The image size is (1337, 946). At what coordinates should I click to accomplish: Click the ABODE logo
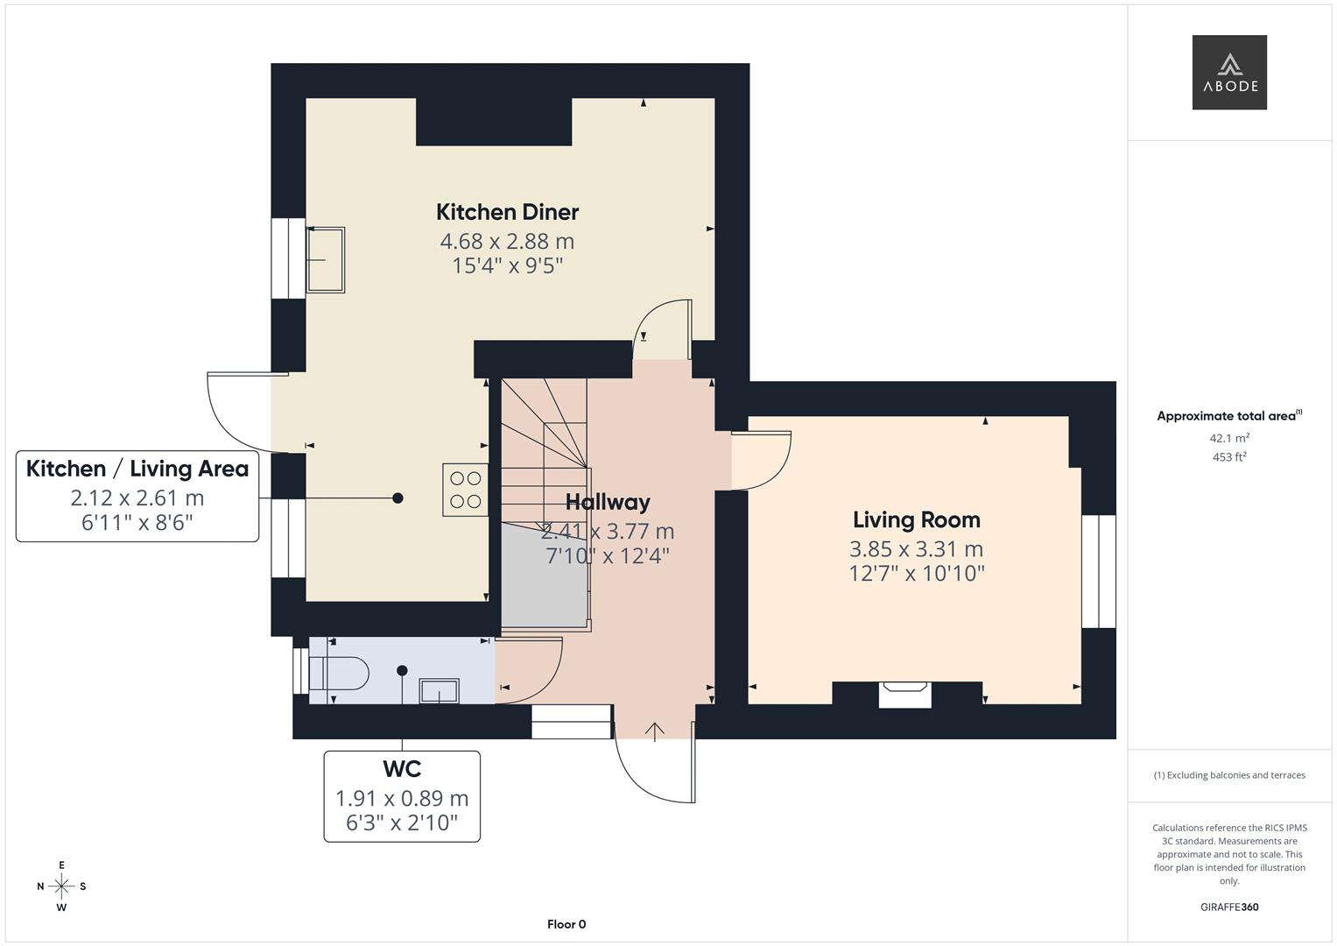coord(1229,72)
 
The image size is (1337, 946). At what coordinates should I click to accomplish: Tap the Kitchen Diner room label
coord(507,212)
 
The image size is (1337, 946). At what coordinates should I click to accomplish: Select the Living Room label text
coord(916,520)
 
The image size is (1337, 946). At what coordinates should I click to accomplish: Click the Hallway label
coord(608,502)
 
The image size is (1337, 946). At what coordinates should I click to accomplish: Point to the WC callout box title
coord(402,769)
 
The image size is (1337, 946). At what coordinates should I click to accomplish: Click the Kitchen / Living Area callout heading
coord(137,469)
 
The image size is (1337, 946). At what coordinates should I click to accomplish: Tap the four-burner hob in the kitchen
coord(466,490)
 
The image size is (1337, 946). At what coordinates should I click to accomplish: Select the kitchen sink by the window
coord(326,260)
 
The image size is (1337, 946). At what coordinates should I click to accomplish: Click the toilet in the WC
coord(339,673)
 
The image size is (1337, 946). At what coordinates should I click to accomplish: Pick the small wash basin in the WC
coord(440,692)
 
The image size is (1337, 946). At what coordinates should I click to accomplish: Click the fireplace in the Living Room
coord(904,695)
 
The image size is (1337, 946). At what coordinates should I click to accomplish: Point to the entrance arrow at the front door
coord(655,731)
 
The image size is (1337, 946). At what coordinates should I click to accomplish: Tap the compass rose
coord(61,886)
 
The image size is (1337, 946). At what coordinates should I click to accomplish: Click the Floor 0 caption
coord(566,924)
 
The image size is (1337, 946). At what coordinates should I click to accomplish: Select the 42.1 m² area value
coord(1229,438)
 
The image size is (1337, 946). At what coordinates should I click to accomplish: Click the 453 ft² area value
coord(1229,457)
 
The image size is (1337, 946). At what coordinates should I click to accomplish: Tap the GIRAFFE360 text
coord(1229,907)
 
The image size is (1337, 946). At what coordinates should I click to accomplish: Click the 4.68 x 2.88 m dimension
coord(507,241)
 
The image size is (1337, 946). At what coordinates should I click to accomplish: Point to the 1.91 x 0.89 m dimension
coord(402,799)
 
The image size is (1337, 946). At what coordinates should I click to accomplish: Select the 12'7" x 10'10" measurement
coord(917,574)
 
